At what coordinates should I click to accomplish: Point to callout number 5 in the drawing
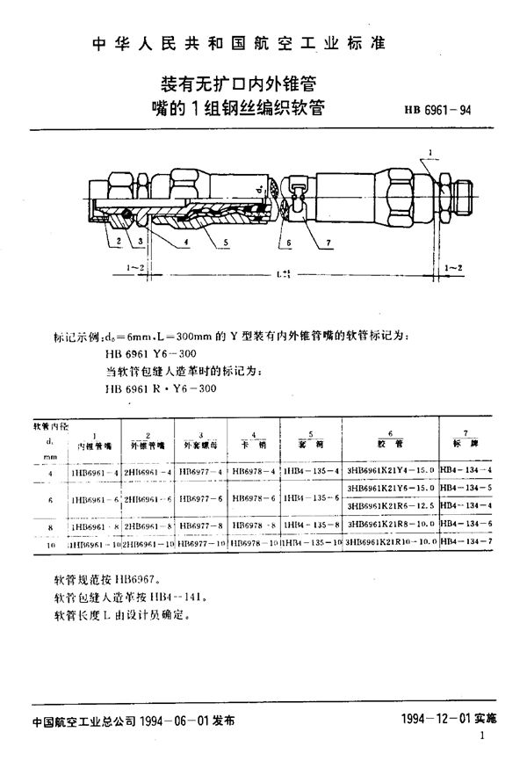click(x=226, y=240)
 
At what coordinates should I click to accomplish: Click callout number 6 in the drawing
click(x=287, y=240)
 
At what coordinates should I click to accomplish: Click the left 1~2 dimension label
click(x=135, y=266)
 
